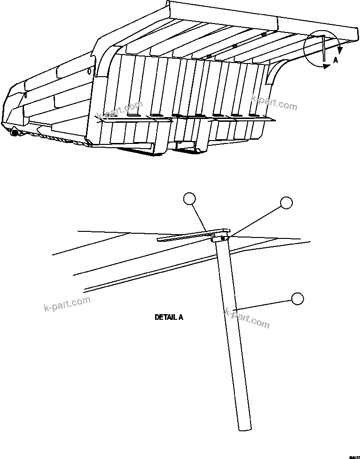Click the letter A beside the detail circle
(x=335, y=60)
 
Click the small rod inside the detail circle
(x=323, y=48)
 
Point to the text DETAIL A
(x=169, y=317)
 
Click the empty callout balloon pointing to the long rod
(x=297, y=299)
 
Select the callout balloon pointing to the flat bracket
(x=189, y=199)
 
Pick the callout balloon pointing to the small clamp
(x=286, y=203)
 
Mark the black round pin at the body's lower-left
(x=15, y=134)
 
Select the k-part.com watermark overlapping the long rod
(x=248, y=317)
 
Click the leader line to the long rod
(x=263, y=304)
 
